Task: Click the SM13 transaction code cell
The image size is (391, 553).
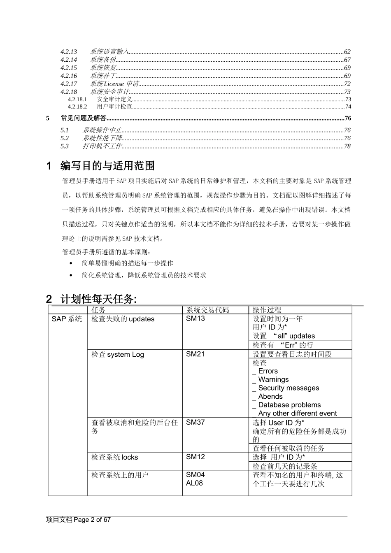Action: tap(195, 318)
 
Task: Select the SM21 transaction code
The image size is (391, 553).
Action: tap(195, 354)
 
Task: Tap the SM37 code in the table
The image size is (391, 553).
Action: tap(195, 422)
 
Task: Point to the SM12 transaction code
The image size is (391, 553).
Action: tap(195, 457)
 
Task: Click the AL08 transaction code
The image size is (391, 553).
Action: tap(194, 483)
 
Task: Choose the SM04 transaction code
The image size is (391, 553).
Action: tap(195, 474)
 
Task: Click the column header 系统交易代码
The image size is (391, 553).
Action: tap(207, 310)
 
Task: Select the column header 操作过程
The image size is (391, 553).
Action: tap(267, 310)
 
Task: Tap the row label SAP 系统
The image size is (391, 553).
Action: tap(67, 319)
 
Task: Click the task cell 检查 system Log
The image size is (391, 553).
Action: tap(118, 354)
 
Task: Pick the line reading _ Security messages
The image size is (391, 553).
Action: tap(286, 388)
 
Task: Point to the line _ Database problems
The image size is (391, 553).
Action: tap(287, 405)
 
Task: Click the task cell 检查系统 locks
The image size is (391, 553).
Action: tap(115, 457)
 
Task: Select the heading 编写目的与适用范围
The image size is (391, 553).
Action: tap(107, 166)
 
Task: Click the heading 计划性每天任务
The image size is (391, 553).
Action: tap(98, 299)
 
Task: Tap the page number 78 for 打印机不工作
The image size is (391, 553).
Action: tap(347, 146)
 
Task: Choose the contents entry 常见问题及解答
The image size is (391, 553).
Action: tap(84, 118)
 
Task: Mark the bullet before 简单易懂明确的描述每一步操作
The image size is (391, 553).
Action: tap(72, 263)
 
